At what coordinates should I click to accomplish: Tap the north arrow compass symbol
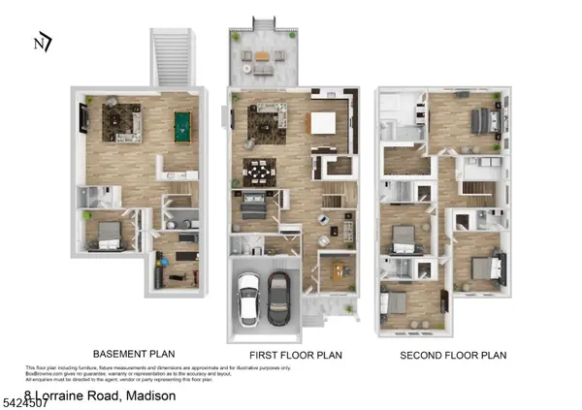[41, 42]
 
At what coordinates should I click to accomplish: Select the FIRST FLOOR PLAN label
[290, 355]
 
